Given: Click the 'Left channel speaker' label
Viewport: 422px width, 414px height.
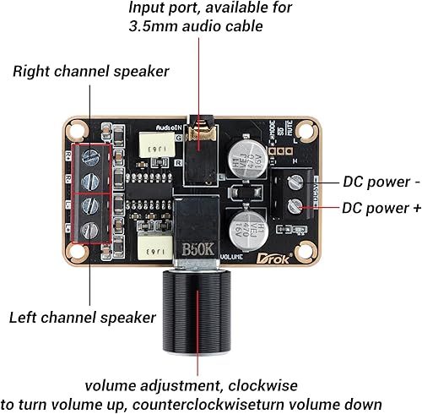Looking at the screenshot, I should click(83, 318).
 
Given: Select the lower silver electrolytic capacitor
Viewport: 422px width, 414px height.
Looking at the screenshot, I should click(244, 224).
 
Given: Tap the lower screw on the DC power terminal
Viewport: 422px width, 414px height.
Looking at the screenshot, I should click(295, 205).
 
